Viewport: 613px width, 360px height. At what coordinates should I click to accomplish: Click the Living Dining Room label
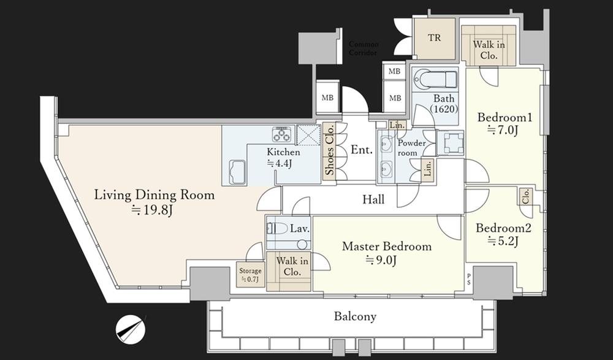154,194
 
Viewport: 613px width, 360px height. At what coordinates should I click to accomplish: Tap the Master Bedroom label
387,247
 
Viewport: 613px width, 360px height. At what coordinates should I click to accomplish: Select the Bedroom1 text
504,117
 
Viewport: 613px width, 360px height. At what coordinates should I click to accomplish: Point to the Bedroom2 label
503,228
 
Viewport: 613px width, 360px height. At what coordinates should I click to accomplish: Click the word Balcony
355,316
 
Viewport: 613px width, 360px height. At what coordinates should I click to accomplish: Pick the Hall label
373,199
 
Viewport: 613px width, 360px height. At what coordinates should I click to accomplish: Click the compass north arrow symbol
131,329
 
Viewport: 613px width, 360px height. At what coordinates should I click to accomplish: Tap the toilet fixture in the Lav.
278,229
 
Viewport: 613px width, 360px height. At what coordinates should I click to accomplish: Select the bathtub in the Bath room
435,80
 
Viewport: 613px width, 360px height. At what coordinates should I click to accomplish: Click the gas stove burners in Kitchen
281,134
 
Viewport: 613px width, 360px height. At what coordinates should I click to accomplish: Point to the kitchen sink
237,172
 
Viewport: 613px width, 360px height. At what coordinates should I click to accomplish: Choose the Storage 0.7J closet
250,275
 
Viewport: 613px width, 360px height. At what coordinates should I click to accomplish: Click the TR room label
434,38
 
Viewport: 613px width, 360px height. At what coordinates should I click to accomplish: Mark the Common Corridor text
363,48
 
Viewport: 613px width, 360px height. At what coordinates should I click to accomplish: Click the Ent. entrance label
362,150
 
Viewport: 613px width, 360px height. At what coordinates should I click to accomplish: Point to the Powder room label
412,148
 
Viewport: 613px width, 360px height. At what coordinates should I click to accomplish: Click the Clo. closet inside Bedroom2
526,196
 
